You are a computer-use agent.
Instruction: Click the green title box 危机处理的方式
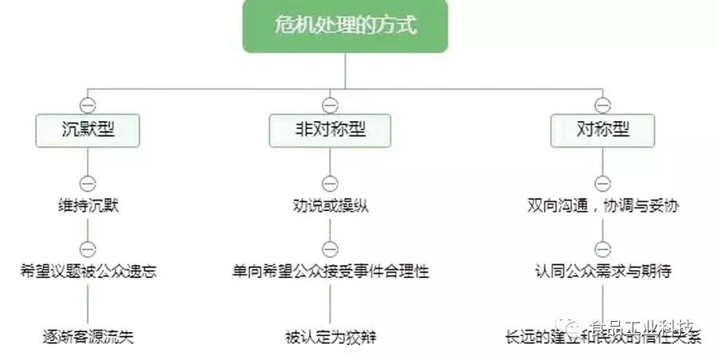[345, 26]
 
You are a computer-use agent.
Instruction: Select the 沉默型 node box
[88, 130]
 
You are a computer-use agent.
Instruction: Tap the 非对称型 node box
[329, 130]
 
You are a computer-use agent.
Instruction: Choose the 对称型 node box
[603, 130]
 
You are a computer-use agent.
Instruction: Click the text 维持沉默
[88, 205]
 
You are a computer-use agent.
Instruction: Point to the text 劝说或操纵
[330, 205]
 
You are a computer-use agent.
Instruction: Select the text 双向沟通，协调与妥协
[603, 205]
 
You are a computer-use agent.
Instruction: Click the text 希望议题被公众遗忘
[88, 271]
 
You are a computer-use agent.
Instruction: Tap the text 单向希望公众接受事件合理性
[330, 271]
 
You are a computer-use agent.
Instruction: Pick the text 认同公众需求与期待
[603, 271]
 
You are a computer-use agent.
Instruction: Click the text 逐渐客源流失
[88, 336]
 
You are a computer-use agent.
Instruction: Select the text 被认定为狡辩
[330, 336]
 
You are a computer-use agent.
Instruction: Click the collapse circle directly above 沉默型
[88, 104]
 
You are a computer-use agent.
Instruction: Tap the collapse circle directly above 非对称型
[330, 104]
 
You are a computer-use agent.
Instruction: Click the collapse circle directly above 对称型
[603, 104]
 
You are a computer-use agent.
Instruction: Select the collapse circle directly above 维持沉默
[88, 182]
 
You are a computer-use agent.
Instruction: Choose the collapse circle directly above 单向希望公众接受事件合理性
[330, 248]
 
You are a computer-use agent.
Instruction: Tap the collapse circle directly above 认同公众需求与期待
[603, 248]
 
